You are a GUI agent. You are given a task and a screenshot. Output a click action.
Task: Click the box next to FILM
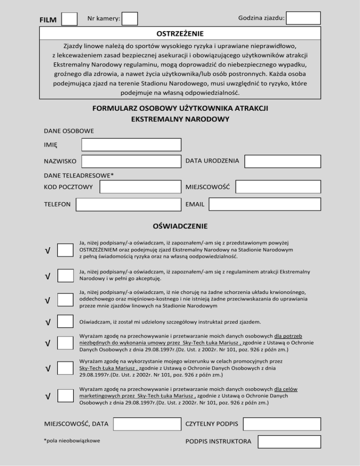click(x=69, y=19)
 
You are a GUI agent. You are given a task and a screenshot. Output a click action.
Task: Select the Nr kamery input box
click(x=130, y=19)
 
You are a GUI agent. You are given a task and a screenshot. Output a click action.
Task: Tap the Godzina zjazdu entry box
click(x=303, y=18)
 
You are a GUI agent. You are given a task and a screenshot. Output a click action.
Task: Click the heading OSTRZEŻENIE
click(x=180, y=34)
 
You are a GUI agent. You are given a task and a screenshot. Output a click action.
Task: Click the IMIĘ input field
click(x=131, y=144)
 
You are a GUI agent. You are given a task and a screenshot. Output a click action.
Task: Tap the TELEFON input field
click(x=128, y=205)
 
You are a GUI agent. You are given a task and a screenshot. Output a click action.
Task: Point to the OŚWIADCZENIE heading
click(x=180, y=226)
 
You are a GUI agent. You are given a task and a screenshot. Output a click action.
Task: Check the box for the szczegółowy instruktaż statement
click(x=65, y=322)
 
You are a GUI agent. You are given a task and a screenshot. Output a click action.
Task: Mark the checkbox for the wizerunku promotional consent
click(x=65, y=368)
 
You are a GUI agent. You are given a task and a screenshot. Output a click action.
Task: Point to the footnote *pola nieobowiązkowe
click(x=71, y=441)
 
